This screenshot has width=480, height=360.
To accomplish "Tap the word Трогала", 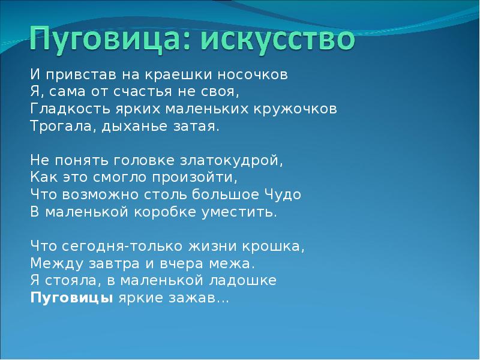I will tap(56, 127).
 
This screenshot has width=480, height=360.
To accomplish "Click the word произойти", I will tap(200, 178).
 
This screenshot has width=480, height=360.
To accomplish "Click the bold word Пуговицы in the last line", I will tap(71, 298).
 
